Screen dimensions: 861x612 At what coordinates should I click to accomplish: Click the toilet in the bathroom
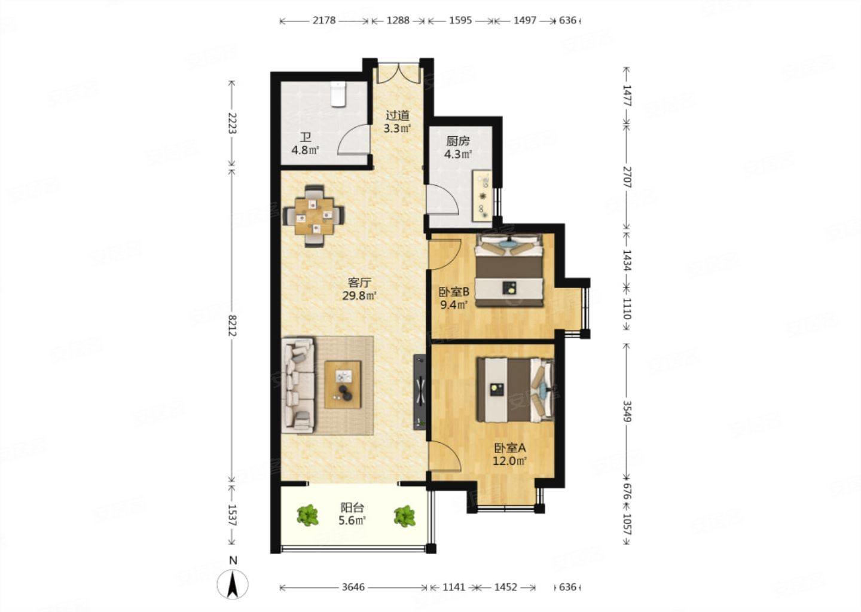click(x=338, y=94)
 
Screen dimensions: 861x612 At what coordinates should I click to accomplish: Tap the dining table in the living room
click(x=314, y=216)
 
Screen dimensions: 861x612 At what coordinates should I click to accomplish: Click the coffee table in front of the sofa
click(x=343, y=384)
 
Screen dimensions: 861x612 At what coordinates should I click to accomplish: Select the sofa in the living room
click(x=298, y=385)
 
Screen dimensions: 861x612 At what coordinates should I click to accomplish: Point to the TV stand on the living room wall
click(x=419, y=392)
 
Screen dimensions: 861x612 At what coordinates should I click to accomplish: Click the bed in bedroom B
click(x=509, y=270)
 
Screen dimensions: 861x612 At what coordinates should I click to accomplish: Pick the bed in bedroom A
click(x=515, y=390)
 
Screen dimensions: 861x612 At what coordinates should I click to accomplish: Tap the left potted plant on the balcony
click(x=307, y=516)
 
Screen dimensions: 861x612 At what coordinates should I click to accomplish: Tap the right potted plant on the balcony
click(x=404, y=516)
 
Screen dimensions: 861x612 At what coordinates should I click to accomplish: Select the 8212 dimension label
click(x=232, y=326)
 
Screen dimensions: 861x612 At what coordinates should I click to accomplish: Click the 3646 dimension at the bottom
click(x=353, y=587)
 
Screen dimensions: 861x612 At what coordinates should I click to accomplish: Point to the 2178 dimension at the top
click(x=324, y=20)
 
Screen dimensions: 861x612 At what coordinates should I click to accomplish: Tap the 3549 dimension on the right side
click(x=627, y=411)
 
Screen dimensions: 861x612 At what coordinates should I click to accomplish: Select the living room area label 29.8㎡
click(x=359, y=296)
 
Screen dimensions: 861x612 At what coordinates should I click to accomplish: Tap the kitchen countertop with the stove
click(x=483, y=195)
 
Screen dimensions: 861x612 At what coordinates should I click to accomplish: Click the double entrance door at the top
click(x=398, y=73)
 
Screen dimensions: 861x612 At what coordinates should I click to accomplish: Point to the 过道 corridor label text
click(x=398, y=115)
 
